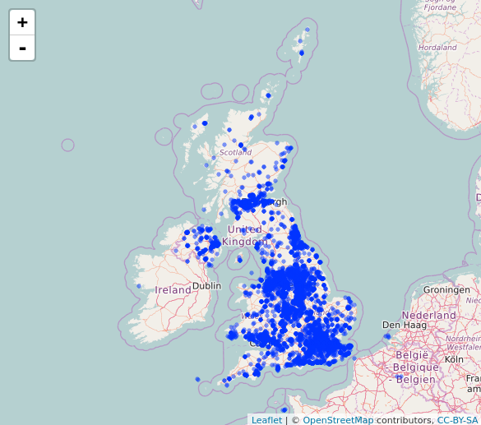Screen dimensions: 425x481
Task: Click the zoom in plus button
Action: (x=22, y=23)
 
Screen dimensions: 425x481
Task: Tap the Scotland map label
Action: (x=235, y=152)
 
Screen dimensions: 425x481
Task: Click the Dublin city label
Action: (x=206, y=286)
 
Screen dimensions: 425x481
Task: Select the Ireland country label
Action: (x=173, y=290)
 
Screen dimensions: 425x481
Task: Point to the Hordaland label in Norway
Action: (x=437, y=48)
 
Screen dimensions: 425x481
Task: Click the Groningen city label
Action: (x=446, y=290)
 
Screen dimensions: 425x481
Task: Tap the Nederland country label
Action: (x=428, y=316)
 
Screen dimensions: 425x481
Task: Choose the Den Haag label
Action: (x=403, y=325)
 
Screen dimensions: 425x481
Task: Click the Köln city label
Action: (x=454, y=359)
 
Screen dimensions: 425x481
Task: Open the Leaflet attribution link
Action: (x=266, y=420)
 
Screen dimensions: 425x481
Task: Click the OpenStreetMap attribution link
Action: (x=338, y=420)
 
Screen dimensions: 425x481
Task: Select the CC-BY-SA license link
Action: (x=457, y=420)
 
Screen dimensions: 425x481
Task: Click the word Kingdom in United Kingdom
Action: (x=244, y=242)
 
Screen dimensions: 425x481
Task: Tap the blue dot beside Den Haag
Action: (x=387, y=335)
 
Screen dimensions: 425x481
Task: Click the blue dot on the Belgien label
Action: (x=400, y=378)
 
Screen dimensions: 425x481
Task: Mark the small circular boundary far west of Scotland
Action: (x=67, y=146)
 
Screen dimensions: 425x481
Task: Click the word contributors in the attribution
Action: (x=404, y=420)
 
